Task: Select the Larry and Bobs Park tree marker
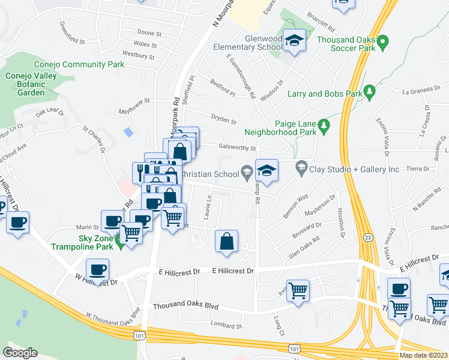click(x=370, y=91)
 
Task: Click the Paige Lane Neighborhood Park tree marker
click(x=324, y=125)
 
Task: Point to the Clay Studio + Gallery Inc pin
click(x=301, y=168)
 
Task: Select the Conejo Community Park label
click(x=71, y=64)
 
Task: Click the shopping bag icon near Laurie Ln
click(x=227, y=242)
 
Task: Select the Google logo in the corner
click(x=20, y=353)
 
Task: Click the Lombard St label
click(x=226, y=326)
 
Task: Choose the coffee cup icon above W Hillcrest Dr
click(x=98, y=269)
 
